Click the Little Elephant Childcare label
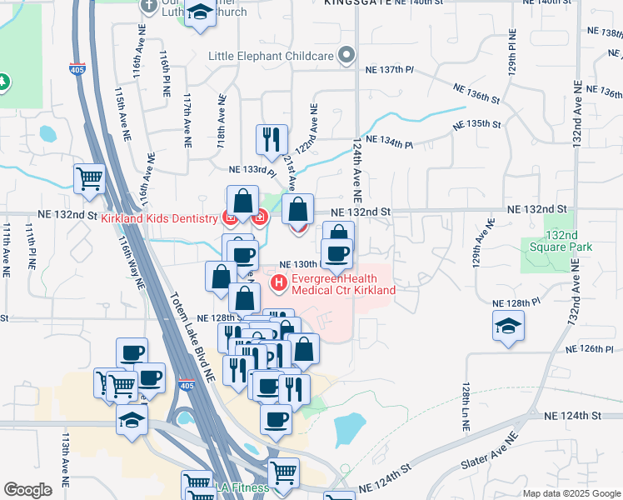coord(271,57)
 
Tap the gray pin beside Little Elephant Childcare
coord(347,57)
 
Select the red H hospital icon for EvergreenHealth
coord(279,284)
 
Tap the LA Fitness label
coord(242,487)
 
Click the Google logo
coord(28,489)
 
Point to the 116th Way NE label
coord(131,262)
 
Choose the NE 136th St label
coord(476,92)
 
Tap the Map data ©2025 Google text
coord(571,492)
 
